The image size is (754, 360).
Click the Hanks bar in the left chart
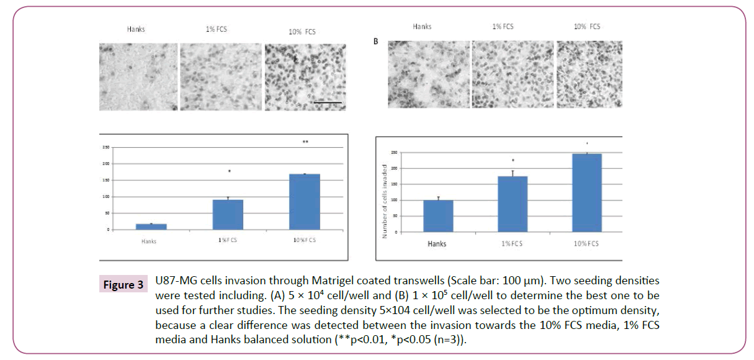pyautogui.click(x=151, y=227)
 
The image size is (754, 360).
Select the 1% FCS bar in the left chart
pyautogui.click(x=228, y=215)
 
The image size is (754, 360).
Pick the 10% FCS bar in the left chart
pyautogui.click(x=305, y=202)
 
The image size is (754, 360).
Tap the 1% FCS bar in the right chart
pyautogui.click(x=512, y=204)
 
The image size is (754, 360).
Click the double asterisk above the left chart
pyautogui.click(x=305, y=142)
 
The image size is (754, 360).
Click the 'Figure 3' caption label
pyautogui.click(x=122, y=284)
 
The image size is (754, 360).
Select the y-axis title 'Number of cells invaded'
pyautogui.click(x=385, y=201)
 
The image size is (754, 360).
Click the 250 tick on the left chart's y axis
pyautogui.click(x=106, y=147)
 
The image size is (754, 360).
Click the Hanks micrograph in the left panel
pyautogui.click(x=138, y=76)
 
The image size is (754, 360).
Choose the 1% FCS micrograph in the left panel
pyautogui.click(x=220, y=76)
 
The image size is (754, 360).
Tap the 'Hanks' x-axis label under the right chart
pyautogui.click(x=437, y=244)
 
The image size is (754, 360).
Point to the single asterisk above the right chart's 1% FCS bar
pyautogui.click(x=513, y=161)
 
